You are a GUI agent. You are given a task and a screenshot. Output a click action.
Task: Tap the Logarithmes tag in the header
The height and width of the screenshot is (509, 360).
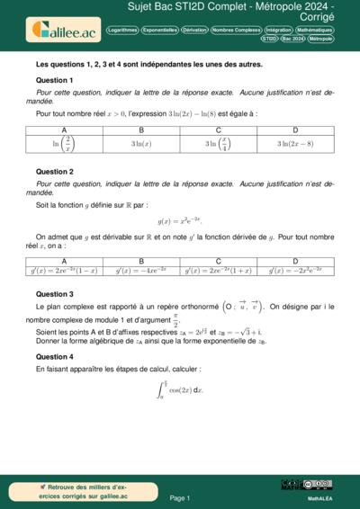[x=122, y=30]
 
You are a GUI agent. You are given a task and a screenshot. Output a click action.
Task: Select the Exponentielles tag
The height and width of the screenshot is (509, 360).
[x=160, y=30]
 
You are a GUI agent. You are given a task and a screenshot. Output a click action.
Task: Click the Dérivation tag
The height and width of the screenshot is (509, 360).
[x=193, y=30]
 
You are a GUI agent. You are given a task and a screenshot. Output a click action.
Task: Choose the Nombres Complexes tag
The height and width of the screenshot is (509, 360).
[x=236, y=30]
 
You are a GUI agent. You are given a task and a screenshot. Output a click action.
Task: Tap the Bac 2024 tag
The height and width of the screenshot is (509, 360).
[x=292, y=40]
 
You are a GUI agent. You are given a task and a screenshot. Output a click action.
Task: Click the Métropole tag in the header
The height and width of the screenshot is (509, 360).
[x=320, y=40]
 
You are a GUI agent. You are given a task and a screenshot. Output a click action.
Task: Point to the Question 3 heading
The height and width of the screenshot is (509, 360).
[x=55, y=294]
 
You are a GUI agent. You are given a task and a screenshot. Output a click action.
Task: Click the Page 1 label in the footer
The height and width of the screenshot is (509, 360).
[x=180, y=497]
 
